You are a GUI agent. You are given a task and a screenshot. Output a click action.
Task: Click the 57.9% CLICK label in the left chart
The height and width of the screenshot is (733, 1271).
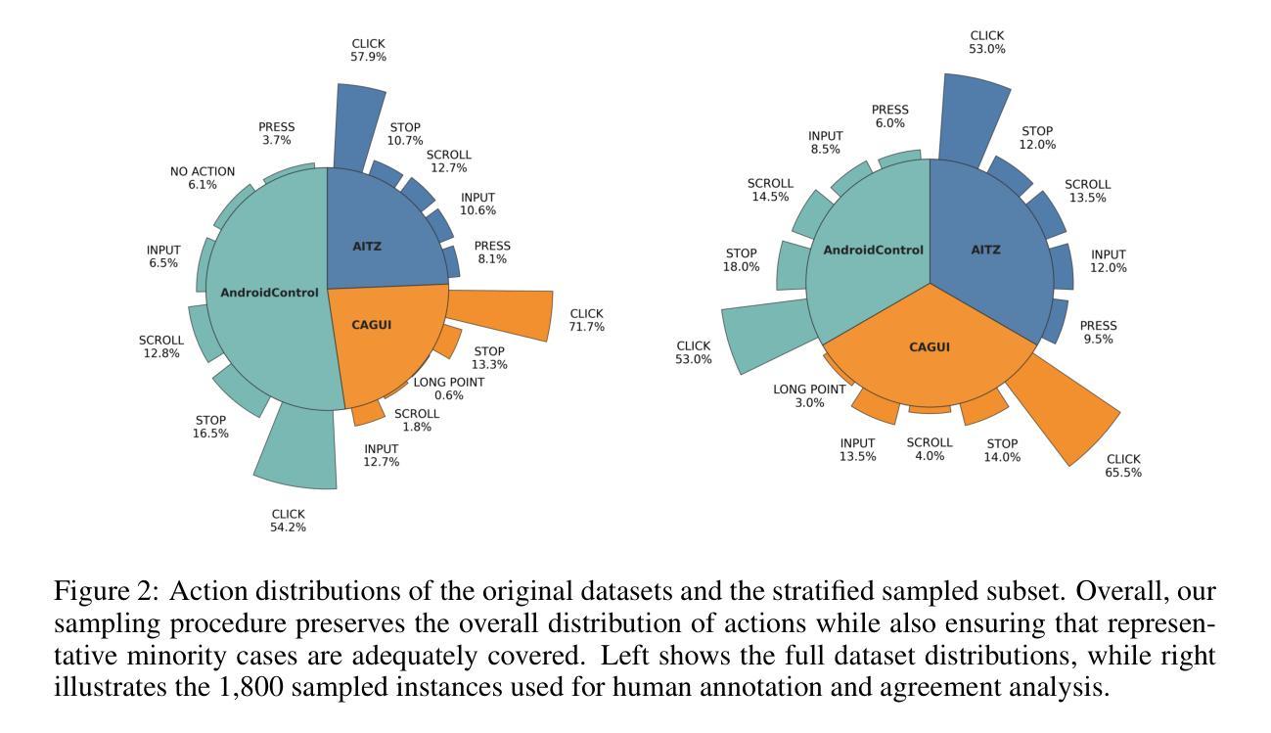click(368, 50)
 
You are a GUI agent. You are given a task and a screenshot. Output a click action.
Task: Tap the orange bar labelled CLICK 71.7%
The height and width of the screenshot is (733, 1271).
click(499, 314)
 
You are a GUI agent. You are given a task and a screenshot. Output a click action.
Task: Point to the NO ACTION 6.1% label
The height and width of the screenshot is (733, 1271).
click(203, 178)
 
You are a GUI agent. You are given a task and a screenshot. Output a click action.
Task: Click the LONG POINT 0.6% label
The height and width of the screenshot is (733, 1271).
click(448, 389)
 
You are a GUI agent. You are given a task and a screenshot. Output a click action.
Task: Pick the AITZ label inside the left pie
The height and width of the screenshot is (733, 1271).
click(367, 247)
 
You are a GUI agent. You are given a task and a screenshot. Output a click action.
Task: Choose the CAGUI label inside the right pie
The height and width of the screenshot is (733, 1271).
click(930, 346)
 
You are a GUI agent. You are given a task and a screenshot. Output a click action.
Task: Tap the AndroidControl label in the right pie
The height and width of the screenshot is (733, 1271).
click(873, 250)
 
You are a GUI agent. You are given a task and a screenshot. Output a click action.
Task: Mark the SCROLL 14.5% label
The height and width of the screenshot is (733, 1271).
click(770, 190)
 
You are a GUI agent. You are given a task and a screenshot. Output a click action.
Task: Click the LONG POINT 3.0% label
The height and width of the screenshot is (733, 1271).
click(808, 395)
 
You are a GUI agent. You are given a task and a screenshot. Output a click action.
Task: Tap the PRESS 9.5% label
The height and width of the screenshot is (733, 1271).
click(1098, 333)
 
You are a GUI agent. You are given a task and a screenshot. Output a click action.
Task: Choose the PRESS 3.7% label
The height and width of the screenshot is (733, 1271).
click(276, 134)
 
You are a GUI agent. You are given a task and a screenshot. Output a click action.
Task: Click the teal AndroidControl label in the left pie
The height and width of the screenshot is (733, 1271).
click(269, 293)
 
